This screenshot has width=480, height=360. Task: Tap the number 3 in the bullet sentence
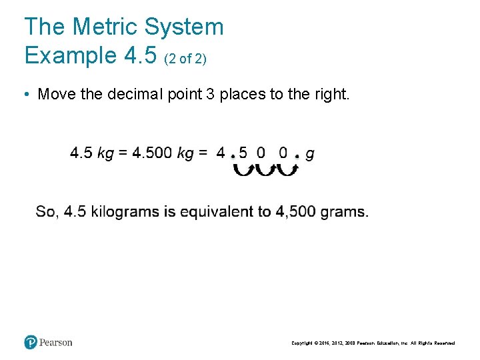210,94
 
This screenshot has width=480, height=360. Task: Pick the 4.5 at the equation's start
81,153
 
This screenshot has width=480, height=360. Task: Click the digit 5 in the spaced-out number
243,153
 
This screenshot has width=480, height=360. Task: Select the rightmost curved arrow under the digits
287,170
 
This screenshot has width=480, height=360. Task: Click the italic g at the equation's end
310,155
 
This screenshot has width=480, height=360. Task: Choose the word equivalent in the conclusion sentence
218,212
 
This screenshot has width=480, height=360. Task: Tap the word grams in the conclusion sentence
344,212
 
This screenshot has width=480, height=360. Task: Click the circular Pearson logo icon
31,343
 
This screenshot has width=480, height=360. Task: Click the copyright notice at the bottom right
373,343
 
